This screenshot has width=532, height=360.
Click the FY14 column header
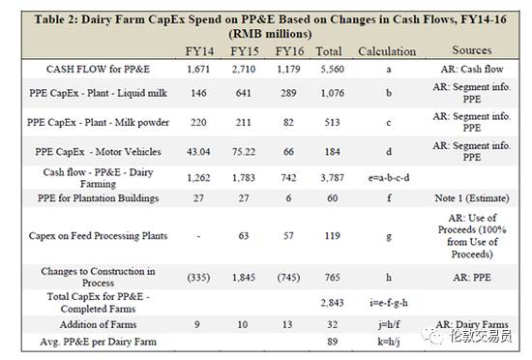[x=199, y=51]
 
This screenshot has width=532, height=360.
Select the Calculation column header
[x=387, y=51]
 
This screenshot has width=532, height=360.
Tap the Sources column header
[x=472, y=50]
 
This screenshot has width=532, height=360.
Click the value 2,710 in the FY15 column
[x=243, y=70]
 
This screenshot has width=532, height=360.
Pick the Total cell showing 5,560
[x=332, y=70]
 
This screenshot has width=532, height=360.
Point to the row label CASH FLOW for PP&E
[x=98, y=70]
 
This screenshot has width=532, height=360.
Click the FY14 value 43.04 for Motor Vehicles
[x=198, y=151]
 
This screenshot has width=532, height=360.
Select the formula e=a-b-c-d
[x=389, y=177]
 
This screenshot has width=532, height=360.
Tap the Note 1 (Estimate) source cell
[x=472, y=198]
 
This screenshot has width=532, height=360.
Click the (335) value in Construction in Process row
[x=198, y=278]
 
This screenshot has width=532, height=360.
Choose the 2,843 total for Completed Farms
[x=332, y=303]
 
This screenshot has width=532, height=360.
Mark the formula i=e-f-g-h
[x=389, y=303]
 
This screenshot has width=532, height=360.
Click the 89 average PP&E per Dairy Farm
[x=332, y=342]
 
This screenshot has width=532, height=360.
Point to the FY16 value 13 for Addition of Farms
[x=287, y=325]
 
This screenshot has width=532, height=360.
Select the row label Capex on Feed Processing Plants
[x=98, y=236]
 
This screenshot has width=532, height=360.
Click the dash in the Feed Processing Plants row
[x=198, y=236]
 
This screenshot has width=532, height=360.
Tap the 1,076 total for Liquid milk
[x=332, y=93]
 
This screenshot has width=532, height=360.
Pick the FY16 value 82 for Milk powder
[x=288, y=122]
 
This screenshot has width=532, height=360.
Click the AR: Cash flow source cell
[x=472, y=70]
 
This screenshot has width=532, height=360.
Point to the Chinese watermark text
[x=481, y=336]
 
